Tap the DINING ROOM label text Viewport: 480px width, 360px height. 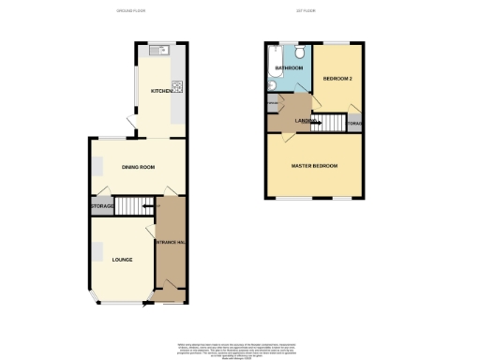[x=138, y=167]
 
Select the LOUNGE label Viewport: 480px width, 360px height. [x=122, y=260]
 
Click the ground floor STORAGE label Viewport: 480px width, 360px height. [x=102, y=206]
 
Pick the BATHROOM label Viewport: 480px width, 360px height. [x=290, y=68]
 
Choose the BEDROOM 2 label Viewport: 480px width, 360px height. [x=337, y=80]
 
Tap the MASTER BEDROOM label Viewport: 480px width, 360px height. [x=314, y=166]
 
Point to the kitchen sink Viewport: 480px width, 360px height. [x=162, y=51]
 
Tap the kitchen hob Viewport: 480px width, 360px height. [x=176, y=89]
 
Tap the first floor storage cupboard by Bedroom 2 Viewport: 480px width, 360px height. [x=353, y=124]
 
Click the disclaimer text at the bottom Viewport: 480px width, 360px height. [x=240, y=350]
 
